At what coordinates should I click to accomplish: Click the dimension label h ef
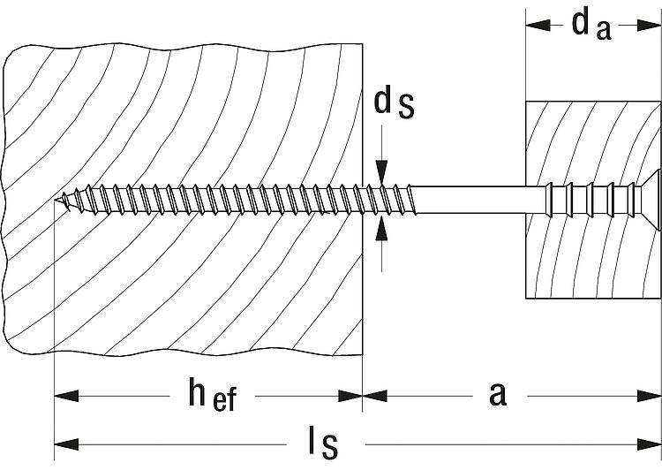click(x=213, y=395)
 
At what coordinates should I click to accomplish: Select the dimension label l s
click(x=323, y=443)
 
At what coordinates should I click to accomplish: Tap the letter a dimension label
click(x=498, y=394)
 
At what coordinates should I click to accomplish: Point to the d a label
click(x=591, y=26)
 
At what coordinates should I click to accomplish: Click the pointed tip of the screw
click(x=56, y=200)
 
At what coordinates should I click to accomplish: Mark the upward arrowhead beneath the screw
click(x=381, y=228)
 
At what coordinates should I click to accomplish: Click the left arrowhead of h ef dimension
click(x=67, y=396)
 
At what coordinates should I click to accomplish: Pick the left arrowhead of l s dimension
click(x=67, y=444)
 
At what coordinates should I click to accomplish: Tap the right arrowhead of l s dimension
click(x=649, y=444)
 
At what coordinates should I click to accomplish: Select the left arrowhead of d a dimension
click(x=538, y=26)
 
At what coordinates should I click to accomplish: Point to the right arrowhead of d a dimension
click(x=649, y=26)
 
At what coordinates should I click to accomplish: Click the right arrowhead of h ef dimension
click(x=350, y=396)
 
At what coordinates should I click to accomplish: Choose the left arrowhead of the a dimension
click(x=375, y=396)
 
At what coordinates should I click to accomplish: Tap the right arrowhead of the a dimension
click(x=649, y=396)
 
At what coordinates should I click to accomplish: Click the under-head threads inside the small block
click(x=591, y=200)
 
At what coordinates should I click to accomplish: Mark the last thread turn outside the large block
click(x=411, y=200)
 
